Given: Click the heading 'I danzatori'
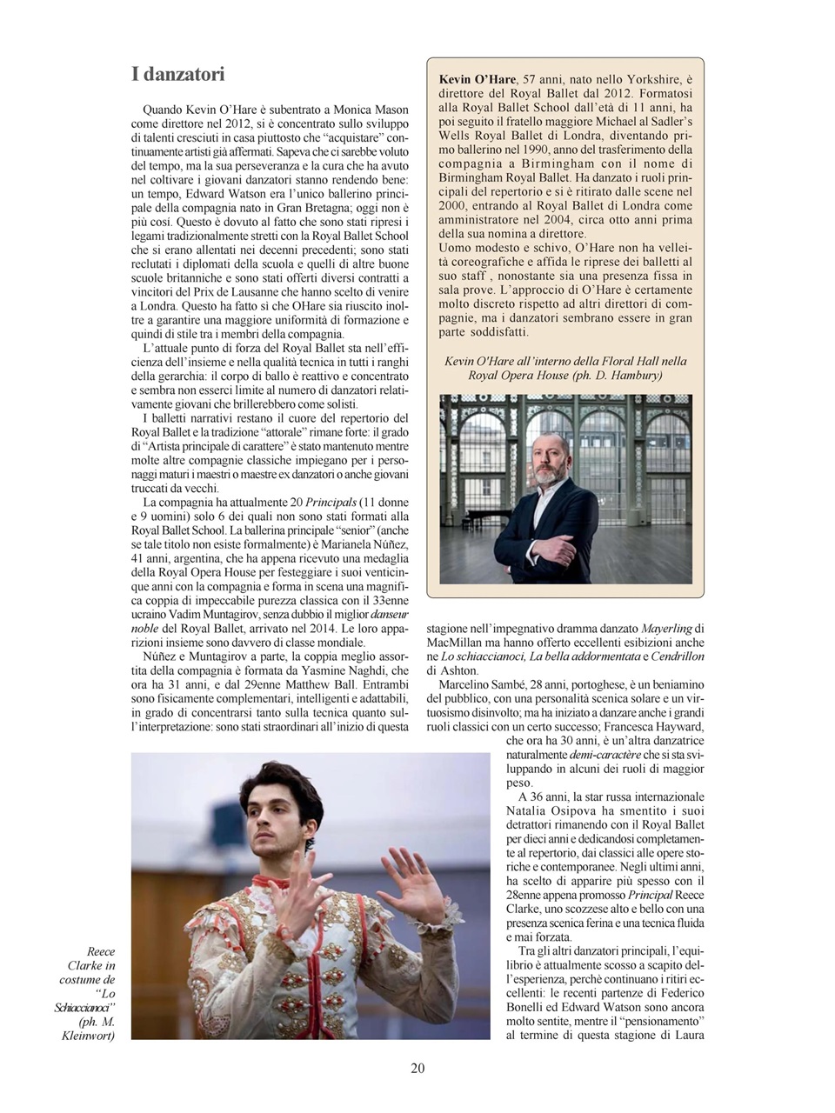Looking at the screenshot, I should (178, 75).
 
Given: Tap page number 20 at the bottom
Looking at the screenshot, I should (417, 1069).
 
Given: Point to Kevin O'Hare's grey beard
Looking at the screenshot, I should (550, 477).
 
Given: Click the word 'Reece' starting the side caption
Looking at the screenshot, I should (101, 952).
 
